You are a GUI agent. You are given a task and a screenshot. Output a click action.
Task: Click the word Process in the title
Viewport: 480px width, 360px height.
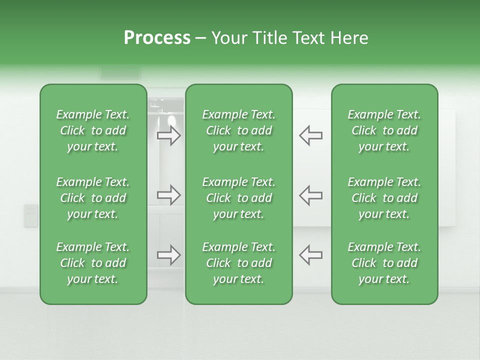pyautogui.click(x=157, y=38)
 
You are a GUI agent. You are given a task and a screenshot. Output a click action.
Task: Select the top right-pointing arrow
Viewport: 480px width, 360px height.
pyautogui.click(x=169, y=135)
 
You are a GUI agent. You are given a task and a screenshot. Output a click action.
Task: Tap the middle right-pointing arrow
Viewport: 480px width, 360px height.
pyautogui.click(x=169, y=195)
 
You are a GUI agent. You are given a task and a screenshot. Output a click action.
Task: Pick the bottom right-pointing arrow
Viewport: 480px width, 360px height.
pyautogui.click(x=169, y=255)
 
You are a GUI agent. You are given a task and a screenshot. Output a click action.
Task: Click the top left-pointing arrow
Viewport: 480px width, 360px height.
pyautogui.click(x=310, y=135)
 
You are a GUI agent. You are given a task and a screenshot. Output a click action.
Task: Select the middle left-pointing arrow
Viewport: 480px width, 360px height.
pyautogui.click(x=310, y=195)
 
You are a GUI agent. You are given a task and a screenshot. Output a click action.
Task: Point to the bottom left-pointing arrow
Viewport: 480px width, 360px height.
pyautogui.click(x=310, y=255)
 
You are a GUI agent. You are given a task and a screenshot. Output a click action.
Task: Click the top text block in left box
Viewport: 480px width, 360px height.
pyautogui.click(x=93, y=130)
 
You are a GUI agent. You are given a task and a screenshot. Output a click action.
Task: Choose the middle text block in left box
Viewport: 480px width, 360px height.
pyautogui.click(x=93, y=198)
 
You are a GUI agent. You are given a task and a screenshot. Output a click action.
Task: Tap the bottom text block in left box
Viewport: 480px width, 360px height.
pyautogui.click(x=93, y=263)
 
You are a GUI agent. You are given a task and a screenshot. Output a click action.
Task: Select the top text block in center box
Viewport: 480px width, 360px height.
pyautogui.click(x=238, y=130)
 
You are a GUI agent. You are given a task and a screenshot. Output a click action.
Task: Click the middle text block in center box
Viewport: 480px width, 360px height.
pyautogui.click(x=238, y=198)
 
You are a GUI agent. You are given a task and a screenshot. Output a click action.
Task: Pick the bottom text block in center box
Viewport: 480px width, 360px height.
pyautogui.click(x=238, y=263)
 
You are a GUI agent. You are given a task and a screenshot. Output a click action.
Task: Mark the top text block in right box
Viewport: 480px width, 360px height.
pyautogui.click(x=384, y=130)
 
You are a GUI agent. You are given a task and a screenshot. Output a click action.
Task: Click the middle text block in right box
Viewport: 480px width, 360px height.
pyautogui.click(x=384, y=198)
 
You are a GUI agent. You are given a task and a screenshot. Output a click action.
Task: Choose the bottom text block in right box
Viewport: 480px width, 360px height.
pyautogui.click(x=384, y=263)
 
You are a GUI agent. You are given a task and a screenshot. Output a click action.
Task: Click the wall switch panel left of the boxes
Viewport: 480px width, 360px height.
pyautogui.click(x=31, y=215)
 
